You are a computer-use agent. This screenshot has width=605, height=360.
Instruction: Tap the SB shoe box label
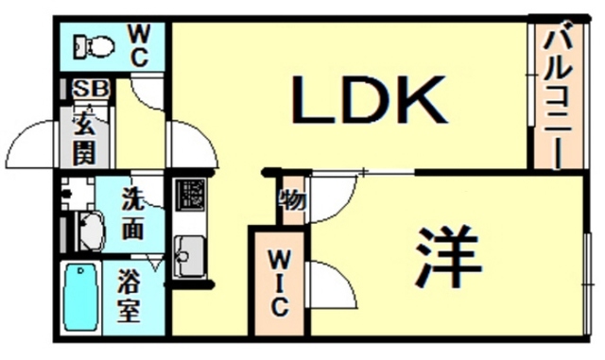(89, 90)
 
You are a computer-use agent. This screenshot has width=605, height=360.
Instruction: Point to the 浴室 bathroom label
(130, 296)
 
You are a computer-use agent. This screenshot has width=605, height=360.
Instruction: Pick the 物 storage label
(290, 201)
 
